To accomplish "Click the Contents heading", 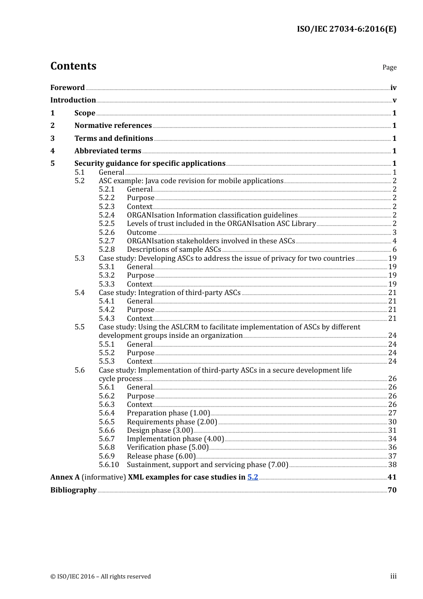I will click(x=73, y=66).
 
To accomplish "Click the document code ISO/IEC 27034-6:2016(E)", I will click(x=346, y=29).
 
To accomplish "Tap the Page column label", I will click(x=389, y=67).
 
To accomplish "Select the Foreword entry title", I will click(x=67, y=88).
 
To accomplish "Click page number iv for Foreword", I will click(x=393, y=88).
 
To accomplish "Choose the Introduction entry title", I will click(x=73, y=100).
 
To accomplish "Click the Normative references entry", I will click(x=113, y=126).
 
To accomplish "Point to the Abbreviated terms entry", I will click(x=108, y=151).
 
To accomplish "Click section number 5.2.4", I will click(x=106, y=215).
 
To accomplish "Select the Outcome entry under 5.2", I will click(x=142, y=233).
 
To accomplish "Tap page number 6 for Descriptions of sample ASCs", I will click(x=394, y=250).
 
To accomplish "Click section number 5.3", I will click(x=79, y=258).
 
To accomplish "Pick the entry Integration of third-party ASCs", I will click(x=170, y=293).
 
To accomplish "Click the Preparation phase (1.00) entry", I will click(x=168, y=413).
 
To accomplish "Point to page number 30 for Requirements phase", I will click(x=392, y=422).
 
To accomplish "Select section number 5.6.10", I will click(x=109, y=465).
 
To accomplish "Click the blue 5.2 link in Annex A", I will click(x=253, y=477).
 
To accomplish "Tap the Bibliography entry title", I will click(x=73, y=490).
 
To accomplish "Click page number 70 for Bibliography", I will click(x=392, y=490).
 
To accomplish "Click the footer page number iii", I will click(x=393, y=576).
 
